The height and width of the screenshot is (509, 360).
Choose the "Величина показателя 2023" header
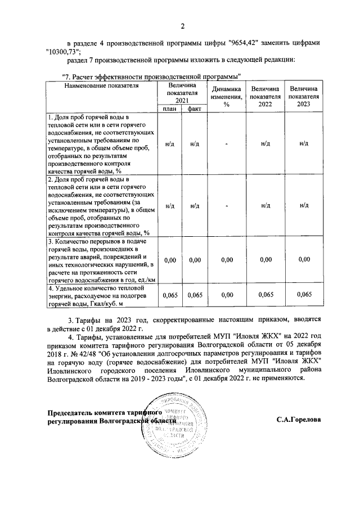click(304, 97)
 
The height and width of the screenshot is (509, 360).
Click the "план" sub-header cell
click(169, 109)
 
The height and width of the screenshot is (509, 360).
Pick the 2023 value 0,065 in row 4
click(304, 295)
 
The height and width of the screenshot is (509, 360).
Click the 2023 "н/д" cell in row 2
click(304, 205)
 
